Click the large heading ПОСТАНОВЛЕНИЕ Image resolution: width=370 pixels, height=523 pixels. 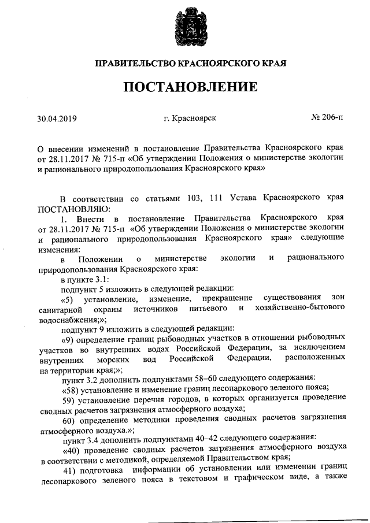(x=191, y=88)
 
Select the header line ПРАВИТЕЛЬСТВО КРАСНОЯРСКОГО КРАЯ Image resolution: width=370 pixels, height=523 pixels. (x=191, y=62)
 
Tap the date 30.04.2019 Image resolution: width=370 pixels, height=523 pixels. (x=57, y=120)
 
